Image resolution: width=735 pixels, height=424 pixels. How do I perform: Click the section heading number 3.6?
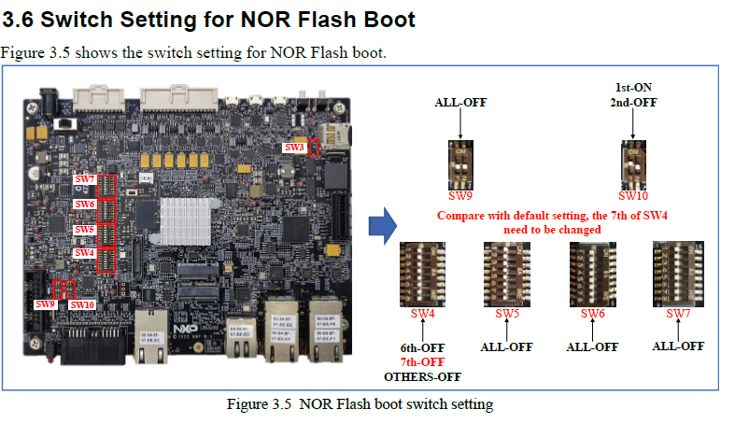(x=21, y=19)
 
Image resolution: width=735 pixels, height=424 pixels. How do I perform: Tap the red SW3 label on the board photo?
(x=294, y=148)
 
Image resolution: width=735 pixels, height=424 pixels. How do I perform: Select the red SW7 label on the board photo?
(x=84, y=178)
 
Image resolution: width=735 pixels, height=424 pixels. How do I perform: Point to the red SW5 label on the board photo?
(x=84, y=229)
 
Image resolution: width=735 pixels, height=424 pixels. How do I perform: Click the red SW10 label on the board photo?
(x=83, y=304)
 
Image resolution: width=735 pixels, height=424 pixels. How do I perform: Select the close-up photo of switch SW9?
(x=459, y=164)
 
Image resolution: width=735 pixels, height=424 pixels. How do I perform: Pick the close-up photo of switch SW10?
(x=631, y=164)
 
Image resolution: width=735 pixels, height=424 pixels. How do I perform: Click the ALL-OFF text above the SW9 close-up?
(x=460, y=104)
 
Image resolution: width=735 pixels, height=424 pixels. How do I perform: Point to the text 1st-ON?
(x=631, y=87)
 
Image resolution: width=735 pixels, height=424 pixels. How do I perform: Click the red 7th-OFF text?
(x=423, y=360)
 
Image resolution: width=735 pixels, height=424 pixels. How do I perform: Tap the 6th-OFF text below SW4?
(x=423, y=346)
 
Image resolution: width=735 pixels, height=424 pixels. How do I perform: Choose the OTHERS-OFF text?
(x=423, y=375)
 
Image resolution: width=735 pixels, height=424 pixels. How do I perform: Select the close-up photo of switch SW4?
(x=423, y=273)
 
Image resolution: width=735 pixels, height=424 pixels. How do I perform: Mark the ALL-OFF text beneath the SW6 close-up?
(x=593, y=346)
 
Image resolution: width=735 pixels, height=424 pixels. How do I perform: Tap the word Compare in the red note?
(x=462, y=216)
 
